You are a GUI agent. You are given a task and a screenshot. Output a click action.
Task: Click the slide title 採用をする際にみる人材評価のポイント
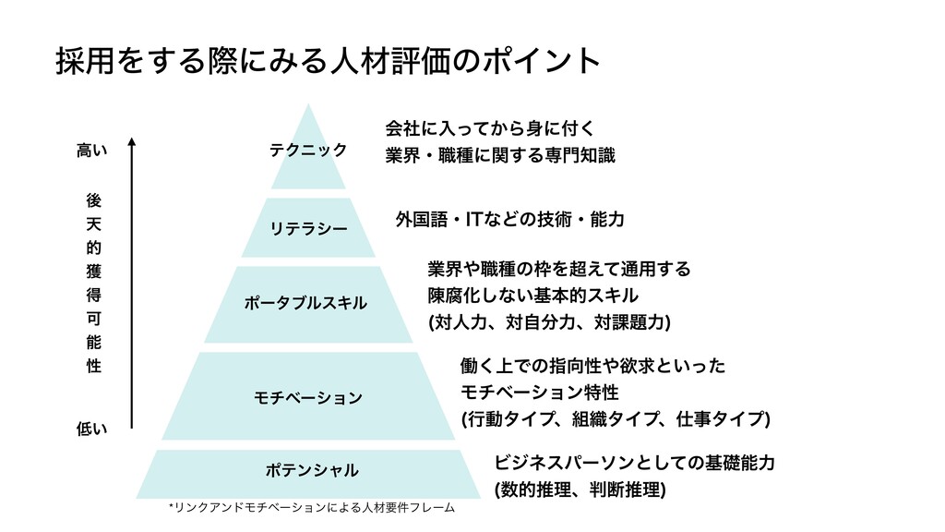[327, 62]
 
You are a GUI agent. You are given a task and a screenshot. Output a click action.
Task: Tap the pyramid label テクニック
[307, 150]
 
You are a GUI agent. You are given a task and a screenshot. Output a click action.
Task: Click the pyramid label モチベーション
[307, 397]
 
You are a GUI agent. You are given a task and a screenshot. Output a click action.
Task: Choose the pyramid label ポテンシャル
[308, 470]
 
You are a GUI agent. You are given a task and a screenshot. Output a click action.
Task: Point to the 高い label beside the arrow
[90, 150]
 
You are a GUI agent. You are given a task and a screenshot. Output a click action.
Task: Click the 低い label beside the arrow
[90, 429]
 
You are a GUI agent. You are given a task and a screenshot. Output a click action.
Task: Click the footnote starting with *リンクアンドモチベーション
[312, 508]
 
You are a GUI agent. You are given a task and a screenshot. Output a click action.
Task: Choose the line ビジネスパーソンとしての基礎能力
[634, 461]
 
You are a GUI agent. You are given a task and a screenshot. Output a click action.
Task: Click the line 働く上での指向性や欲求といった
[592, 367]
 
